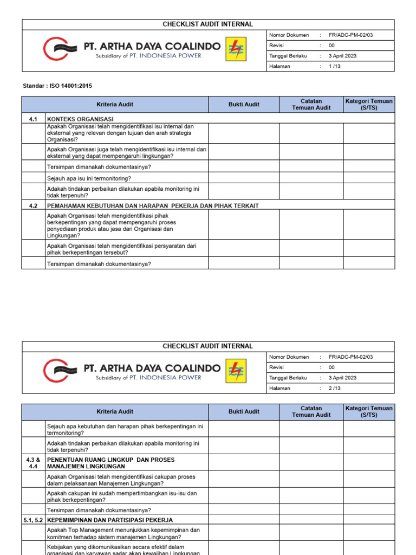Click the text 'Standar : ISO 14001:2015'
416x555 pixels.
coord(54,86)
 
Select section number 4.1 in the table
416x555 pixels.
coord(33,119)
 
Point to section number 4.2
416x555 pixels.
coord(33,205)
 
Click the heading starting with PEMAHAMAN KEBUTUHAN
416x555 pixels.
coord(153,205)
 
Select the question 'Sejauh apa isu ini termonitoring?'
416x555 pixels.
coord(89,178)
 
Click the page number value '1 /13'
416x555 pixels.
coord(335,66)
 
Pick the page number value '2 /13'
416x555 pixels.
coord(335,388)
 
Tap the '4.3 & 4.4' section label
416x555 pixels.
coord(33,463)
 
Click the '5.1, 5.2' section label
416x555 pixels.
coord(33,520)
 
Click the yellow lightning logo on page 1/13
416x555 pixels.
coord(236,49)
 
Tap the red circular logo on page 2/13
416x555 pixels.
coord(56,371)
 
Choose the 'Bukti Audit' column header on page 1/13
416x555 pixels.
coord(244,105)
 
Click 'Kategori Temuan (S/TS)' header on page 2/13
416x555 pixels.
coord(369,411)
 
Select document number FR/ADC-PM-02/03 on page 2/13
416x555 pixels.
coord(350,357)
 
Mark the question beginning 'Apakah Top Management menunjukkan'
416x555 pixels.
coord(123,533)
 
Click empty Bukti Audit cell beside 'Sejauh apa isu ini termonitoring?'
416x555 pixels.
coord(244,178)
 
